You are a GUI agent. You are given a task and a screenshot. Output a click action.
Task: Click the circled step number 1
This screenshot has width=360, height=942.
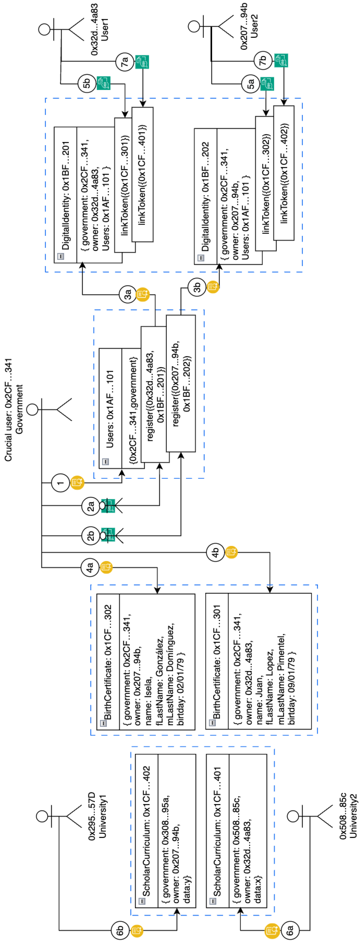click(60, 483)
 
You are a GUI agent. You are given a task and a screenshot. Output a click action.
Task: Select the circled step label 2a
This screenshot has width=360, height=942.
click(90, 506)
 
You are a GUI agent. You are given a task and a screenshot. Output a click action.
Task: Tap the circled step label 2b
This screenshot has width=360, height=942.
click(90, 536)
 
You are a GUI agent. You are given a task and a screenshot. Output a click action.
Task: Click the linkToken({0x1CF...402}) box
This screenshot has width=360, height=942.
click(284, 173)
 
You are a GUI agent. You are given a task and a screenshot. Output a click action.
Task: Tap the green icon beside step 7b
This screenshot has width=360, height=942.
click(281, 60)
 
